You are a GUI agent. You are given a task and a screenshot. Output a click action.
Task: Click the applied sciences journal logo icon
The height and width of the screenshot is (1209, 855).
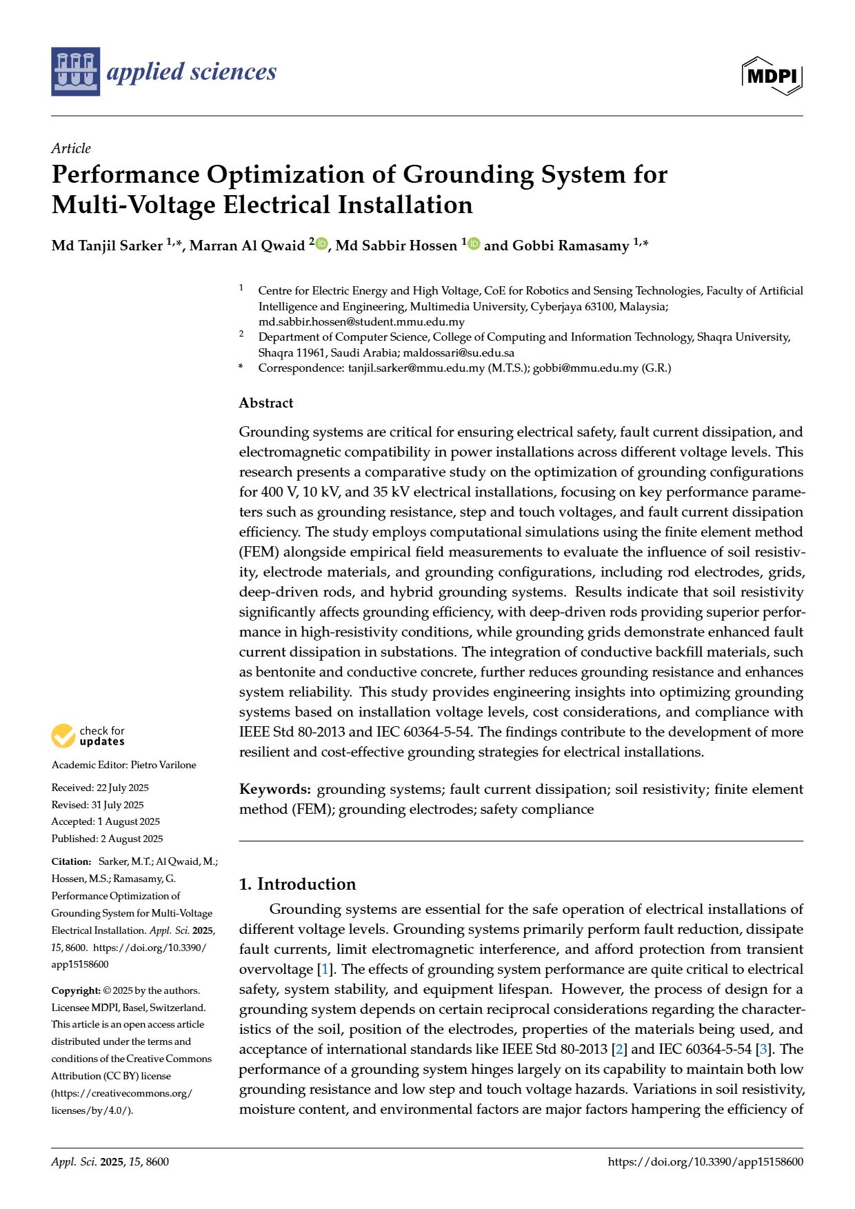[x=75, y=71]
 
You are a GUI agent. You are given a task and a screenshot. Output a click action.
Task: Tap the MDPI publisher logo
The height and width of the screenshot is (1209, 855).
[x=772, y=75]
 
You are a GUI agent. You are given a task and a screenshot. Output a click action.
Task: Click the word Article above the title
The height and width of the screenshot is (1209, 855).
[x=71, y=148]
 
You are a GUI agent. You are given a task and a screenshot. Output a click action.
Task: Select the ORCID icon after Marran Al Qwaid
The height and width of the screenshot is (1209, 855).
[x=321, y=244]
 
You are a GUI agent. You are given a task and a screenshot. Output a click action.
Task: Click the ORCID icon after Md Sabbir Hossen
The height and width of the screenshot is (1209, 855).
[x=474, y=244]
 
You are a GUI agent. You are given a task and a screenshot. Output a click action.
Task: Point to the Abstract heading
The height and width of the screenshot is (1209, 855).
[x=266, y=403]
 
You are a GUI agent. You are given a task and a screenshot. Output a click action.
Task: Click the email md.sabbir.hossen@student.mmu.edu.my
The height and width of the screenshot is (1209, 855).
[x=361, y=321]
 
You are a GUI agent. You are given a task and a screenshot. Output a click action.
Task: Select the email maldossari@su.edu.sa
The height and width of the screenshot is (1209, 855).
[x=459, y=352]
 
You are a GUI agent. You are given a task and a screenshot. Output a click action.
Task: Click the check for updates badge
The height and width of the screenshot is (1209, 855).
[x=88, y=736]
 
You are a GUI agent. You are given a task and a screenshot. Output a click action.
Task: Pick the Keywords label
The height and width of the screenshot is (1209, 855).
[x=274, y=789]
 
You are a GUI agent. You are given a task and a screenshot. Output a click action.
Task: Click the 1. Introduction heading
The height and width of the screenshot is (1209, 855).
[x=297, y=884]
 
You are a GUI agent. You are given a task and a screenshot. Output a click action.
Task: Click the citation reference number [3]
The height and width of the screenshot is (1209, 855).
[x=763, y=1049]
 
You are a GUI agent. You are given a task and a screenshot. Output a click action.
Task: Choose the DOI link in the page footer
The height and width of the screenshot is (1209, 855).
[x=705, y=1161]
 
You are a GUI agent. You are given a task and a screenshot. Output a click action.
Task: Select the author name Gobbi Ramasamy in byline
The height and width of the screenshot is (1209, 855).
[x=570, y=246]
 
